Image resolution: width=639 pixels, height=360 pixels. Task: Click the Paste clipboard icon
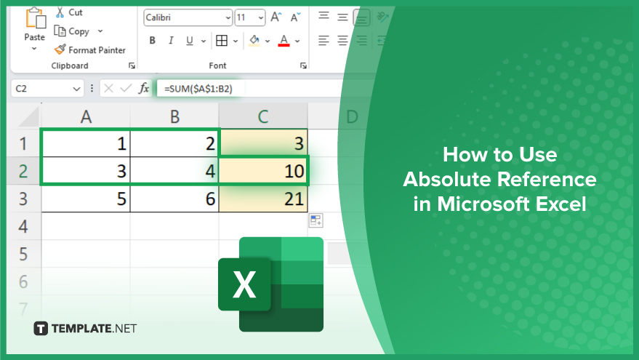click(35, 18)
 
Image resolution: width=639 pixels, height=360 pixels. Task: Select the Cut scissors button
click(69, 12)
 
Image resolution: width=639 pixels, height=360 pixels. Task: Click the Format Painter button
click(89, 49)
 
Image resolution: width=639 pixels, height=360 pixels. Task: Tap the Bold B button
click(153, 40)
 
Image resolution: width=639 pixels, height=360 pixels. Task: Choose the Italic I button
click(171, 40)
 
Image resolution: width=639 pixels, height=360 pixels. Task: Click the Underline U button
click(190, 40)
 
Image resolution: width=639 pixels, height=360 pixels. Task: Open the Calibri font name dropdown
click(188, 17)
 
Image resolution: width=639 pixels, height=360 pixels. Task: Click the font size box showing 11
click(250, 17)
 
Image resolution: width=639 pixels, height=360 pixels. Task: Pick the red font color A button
click(284, 40)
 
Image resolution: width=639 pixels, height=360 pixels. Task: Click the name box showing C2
click(47, 89)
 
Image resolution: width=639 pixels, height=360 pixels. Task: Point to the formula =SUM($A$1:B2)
click(198, 89)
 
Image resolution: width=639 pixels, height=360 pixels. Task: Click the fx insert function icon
click(143, 88)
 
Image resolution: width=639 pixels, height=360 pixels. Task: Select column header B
click(174, 116)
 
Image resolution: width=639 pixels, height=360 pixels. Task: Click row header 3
click(23, 199)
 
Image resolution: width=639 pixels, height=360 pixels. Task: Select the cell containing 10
click(263, 171)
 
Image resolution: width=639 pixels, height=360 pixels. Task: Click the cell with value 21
click(263, 199)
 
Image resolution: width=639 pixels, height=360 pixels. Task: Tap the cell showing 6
click(174, 199)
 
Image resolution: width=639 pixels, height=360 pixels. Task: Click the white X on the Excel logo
click(244, 284)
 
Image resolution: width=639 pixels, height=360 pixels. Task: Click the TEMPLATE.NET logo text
click(94, 329)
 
